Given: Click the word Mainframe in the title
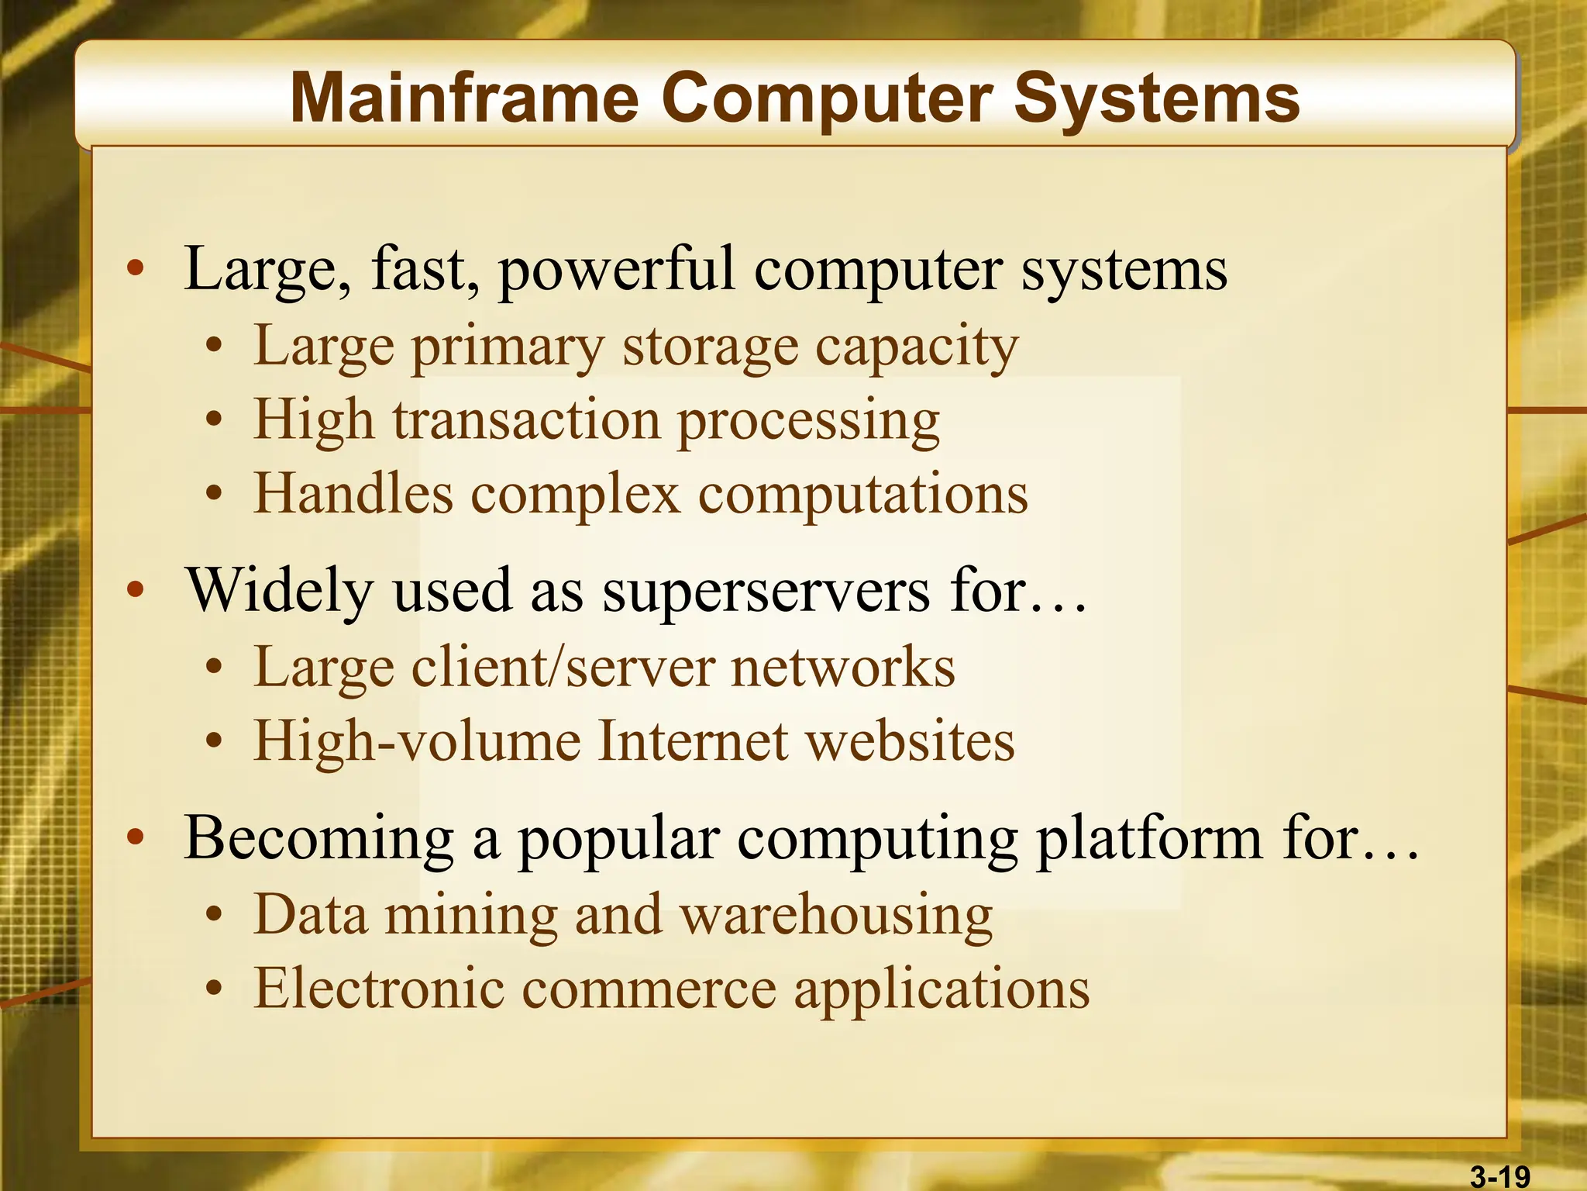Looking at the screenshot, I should point(464,98).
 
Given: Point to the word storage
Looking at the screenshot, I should point(711,347).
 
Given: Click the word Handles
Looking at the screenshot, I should point(353,494).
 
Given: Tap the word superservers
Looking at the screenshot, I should point(766,591).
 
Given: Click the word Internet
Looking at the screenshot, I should point(694,741).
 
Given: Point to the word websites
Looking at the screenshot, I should point(911,741).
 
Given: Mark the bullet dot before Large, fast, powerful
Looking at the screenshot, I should point(136,268).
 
